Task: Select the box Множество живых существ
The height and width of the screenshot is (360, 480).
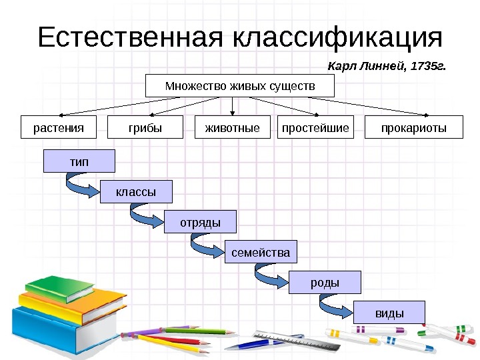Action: tap(231, 87)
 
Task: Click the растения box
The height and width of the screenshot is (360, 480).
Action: tap(59, 127)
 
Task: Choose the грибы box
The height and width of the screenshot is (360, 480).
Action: tap(145, 127)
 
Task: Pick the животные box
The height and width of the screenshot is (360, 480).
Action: tap(231, 127)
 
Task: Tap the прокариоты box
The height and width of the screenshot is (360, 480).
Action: tap(414, 127)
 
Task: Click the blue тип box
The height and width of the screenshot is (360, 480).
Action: tap(79, 161)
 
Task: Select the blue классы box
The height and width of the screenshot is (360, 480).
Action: tap(136, 191)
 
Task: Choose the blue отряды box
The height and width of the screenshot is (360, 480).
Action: tap(200, 221)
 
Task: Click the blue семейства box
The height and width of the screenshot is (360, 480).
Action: tap(261, 253)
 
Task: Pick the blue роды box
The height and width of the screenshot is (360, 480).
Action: tap(325, 282)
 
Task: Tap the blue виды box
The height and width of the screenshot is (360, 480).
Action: tap(389, 312)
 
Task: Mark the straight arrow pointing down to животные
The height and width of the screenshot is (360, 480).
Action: tap(231, 107)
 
